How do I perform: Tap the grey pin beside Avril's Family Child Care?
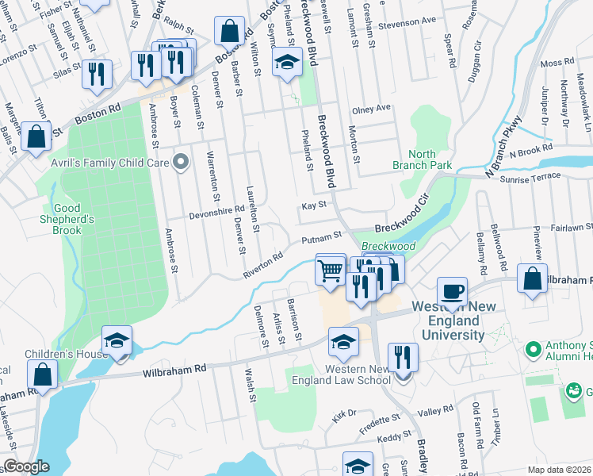181,163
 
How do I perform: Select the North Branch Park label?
423,159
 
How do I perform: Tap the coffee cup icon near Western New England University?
452,291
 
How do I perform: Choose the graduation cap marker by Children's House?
117,341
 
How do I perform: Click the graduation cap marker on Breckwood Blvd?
287,61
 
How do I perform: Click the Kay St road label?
314,205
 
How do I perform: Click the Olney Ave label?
372,108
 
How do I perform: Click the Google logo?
26,467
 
